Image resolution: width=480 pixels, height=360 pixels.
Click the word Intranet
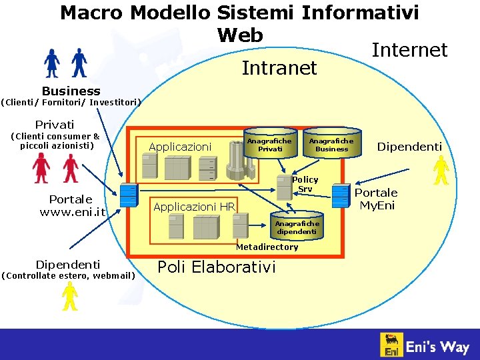(x=279, y=68)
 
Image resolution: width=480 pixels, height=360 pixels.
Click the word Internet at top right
(x=409, y=50)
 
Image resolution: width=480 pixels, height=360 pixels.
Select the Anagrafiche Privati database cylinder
(x=269, y=145)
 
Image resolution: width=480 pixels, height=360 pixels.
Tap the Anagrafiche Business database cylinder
(x=331, y=145)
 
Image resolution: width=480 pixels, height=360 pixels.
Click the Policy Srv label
(x=305, y=184)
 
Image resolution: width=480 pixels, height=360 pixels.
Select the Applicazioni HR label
(x=194, y=207)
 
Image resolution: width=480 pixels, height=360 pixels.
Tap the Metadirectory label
(x=267, y=247)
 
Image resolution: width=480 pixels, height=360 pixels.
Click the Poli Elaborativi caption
(x=216, y=267)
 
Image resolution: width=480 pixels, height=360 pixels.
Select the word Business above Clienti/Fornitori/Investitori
(x=71, y=91)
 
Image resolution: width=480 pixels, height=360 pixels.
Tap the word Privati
(x=55, y=125)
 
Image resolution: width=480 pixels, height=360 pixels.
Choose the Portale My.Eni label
(x=378, y=199)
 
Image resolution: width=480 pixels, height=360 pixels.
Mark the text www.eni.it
(x=72, y=212)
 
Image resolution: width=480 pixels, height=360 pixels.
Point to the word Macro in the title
(x=92, y=13)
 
